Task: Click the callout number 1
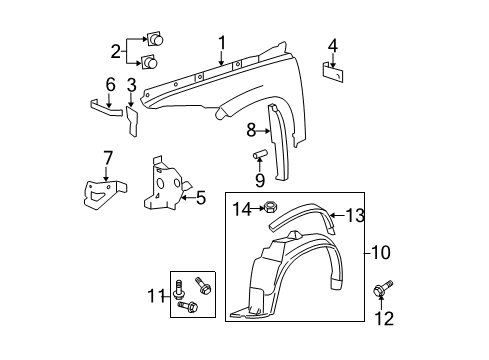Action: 222,42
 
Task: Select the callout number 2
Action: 117,51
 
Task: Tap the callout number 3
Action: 131,86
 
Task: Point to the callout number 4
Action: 333,44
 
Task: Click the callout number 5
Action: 200,198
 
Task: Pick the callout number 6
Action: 111,83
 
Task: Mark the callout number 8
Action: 253,128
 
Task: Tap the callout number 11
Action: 153,295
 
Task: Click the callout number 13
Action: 356,212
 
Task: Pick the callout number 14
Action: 240,208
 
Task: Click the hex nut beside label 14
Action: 269,209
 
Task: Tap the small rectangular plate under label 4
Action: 333,71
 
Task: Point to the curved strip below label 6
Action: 105,104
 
